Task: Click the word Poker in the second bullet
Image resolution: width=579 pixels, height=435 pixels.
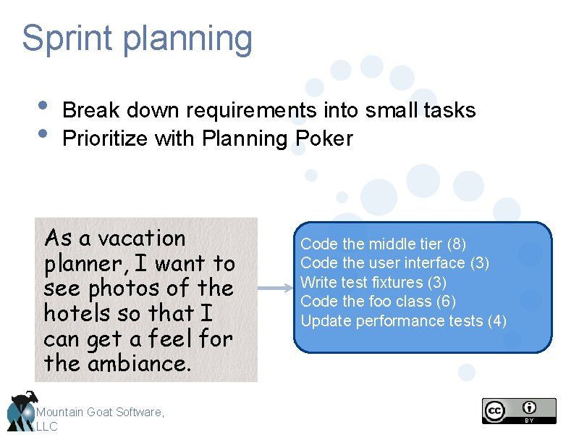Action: [324, 138]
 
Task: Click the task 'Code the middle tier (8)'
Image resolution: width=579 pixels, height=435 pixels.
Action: [383, 244]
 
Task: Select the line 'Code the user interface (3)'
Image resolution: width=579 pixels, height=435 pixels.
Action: [394, 262]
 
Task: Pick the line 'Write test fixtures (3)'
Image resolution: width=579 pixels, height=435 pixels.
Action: [373, 282]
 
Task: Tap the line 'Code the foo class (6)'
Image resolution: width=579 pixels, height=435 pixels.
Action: [378, 301]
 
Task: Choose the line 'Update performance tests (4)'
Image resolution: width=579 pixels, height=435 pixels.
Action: [403, 320]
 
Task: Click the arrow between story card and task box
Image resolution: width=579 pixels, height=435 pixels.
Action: [275, 289]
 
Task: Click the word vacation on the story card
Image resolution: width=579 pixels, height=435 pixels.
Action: [142, 239]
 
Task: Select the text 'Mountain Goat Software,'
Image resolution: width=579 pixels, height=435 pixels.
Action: [101, 412]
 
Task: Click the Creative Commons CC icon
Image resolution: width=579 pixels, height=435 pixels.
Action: [495, 410]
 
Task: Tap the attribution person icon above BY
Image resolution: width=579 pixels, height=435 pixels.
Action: [531, 407]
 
